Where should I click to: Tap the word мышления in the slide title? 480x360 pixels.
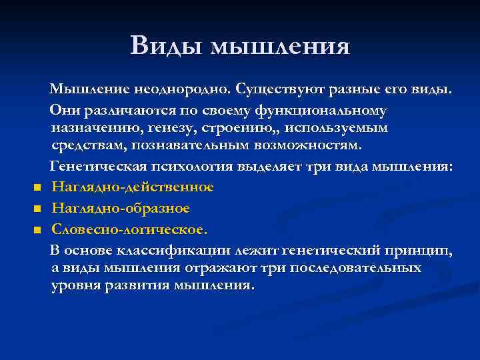click(x=280, y=47)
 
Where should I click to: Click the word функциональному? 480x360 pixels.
click(x=323, y=109)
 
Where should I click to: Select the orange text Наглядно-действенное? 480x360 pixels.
click(x=132, y=187)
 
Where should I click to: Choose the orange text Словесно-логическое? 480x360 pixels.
click(x=129, y=229)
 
